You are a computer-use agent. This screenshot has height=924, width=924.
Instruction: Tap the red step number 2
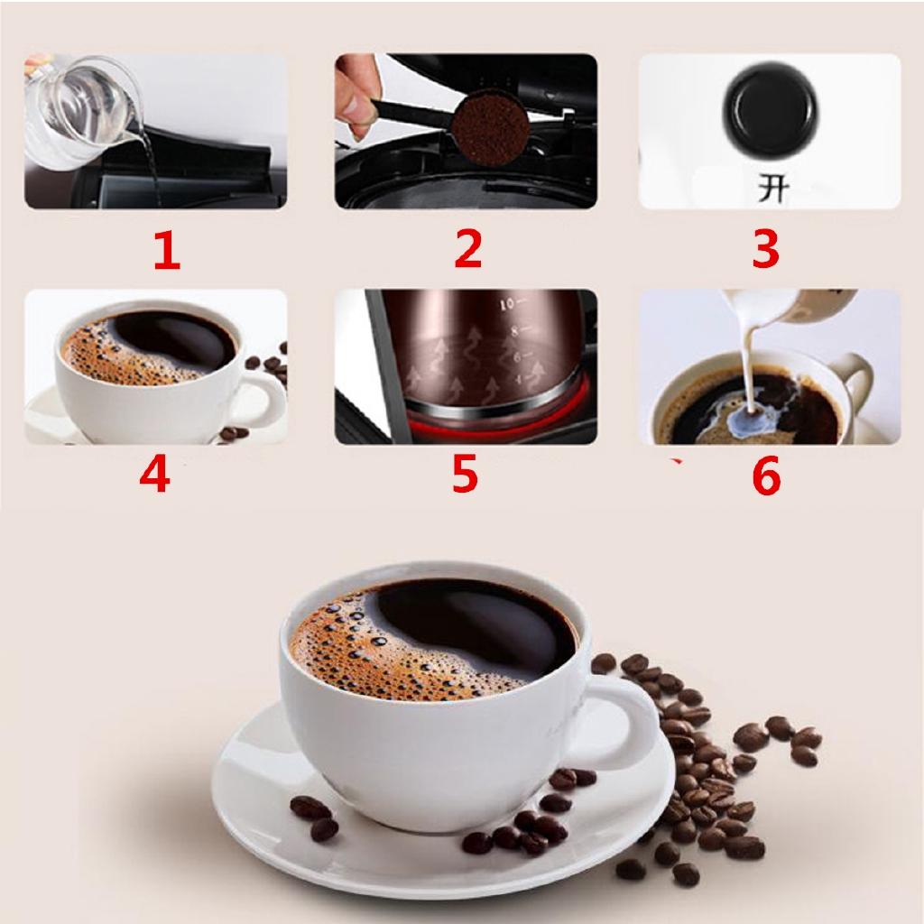click(x=467, y=249)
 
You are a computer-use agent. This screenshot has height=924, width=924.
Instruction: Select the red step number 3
click(x=765, y=249)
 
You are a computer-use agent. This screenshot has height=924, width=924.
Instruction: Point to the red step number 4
click(x=154, y=475)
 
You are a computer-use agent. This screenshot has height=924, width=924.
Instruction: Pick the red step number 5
click(x=464, y=475)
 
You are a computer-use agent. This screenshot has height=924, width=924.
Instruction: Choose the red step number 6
click(x=765, y=476)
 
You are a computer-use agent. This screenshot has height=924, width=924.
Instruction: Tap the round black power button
click(x=770, y=111)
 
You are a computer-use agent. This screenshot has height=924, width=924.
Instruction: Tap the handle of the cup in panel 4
click(x=263, y=398)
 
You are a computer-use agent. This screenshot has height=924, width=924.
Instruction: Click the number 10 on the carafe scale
click(x=509, y=303)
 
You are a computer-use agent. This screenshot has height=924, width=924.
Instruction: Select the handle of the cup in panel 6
click(x=857, y=379)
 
